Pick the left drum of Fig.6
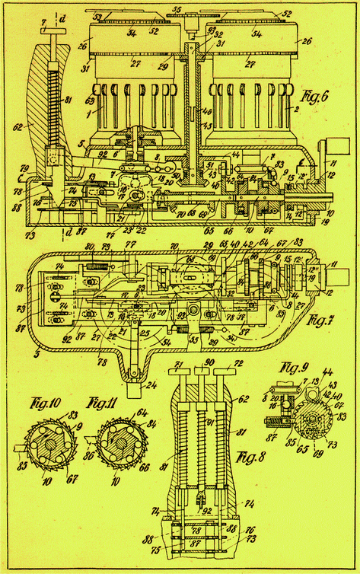[x=126, y=84]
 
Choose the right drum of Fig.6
[x=251, y=84]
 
